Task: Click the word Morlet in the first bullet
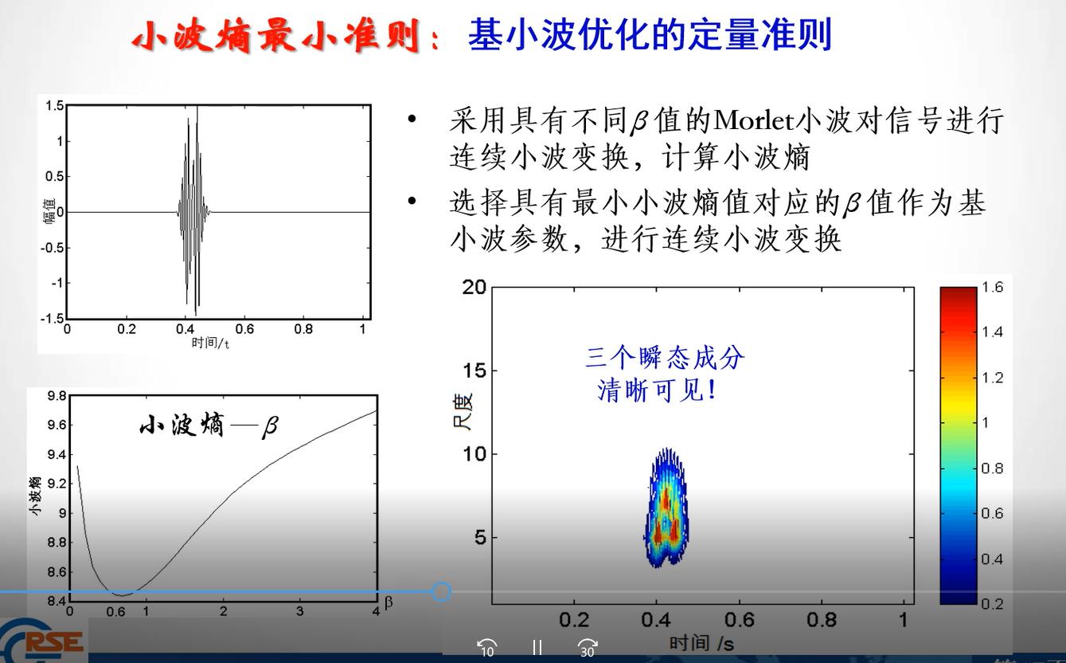click(753, 120)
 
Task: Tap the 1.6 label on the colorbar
click(992, 287)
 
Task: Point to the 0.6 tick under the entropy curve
click(115, 612)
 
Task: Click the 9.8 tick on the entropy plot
click(57, 396)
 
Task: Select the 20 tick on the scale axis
click(474, 287)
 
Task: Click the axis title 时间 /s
click(701, 643)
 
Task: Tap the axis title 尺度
click(463, 411)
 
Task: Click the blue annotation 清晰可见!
click(657, 391)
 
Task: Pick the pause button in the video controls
click(537, 647)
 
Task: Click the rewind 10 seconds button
click(487, 648)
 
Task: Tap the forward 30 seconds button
click(588, 648)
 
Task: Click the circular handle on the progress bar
click(442, 592)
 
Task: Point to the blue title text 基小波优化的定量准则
click(650, 35)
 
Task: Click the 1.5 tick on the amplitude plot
click(54, 106)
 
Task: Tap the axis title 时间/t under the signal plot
click(210, 343)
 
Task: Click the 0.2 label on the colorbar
click(992, 604)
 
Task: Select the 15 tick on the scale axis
click(474, 371)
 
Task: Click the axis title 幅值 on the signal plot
click(49, 212)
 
